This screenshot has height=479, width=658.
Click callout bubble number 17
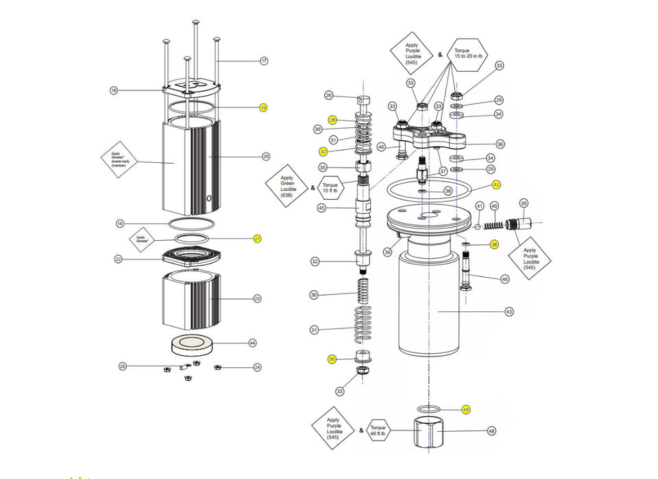264,61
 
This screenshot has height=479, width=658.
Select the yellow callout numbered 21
258,238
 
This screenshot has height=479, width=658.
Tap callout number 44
252,342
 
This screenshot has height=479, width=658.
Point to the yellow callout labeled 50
332,359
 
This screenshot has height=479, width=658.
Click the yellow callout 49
466,409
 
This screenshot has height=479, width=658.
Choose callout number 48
491,431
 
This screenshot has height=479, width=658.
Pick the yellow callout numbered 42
496,185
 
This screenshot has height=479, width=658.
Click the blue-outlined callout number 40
495,205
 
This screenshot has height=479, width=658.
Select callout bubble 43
509,312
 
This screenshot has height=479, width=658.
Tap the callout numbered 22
119,259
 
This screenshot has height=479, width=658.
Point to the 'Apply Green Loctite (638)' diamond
287,186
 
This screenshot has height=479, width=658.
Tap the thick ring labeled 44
192,345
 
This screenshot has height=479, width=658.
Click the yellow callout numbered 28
332,120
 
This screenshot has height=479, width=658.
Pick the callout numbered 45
321,207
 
